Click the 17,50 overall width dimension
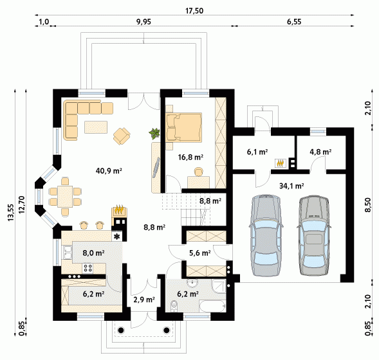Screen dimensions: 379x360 point(194,11)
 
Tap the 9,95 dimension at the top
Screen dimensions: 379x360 point(143,22)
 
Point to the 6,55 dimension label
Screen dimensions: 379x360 point(294,22)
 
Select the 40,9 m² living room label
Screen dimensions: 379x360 point(109,171)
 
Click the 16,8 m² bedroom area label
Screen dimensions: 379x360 point(190,157)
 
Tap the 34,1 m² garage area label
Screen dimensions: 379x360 point(291,186)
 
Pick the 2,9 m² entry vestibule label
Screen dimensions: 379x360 point(144,300)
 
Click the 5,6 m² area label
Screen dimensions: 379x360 point(199,253)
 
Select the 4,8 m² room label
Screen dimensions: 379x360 point(320,152)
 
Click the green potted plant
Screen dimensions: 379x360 point(154,133)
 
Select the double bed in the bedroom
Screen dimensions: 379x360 point(184,127)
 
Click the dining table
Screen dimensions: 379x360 point(65,197)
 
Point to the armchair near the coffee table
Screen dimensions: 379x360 point(122,136)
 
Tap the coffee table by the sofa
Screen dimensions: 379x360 point(96,127)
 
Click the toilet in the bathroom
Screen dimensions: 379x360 point(174,305)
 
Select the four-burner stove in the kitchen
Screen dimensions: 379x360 point(88,268)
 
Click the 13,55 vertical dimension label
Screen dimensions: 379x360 point(11,213)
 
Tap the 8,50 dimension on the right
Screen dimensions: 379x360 point(367,204)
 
